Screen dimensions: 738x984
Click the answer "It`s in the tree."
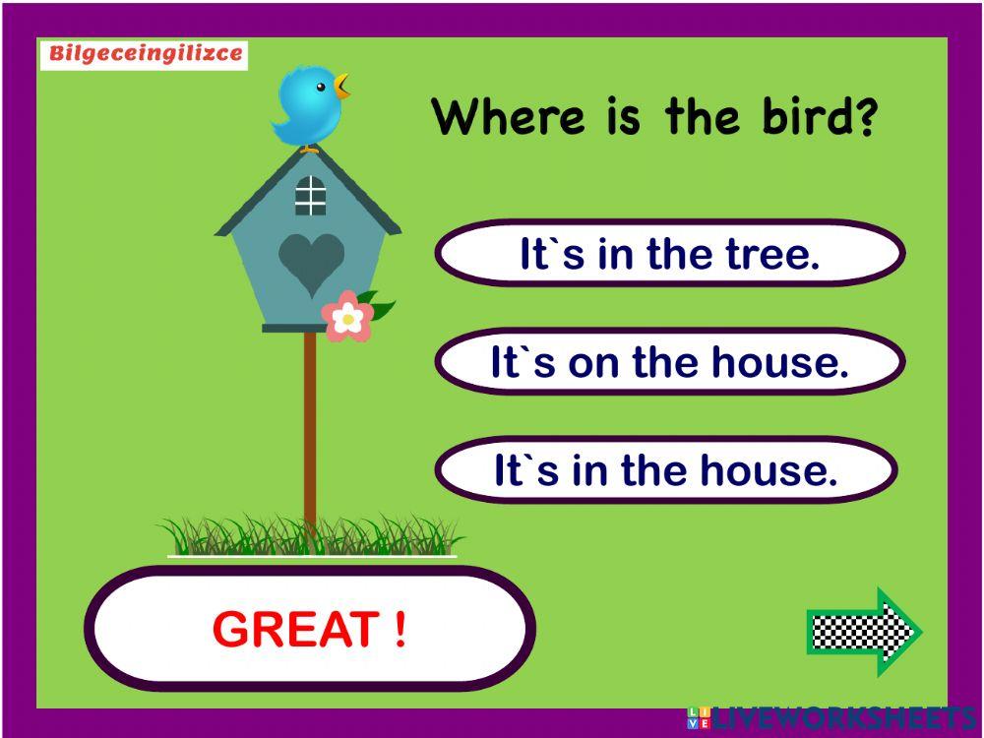coord(669,254)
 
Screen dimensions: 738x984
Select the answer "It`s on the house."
coord(669,362)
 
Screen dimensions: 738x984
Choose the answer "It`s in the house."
coord(665,470)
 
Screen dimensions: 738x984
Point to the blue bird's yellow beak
coord(341,86)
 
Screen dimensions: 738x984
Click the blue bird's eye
coord(321,88)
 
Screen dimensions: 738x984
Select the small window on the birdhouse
coord(310,196)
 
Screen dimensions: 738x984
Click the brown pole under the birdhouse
coord(310,433)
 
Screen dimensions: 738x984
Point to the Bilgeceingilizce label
coord(144,54)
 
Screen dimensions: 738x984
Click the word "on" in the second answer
coord(593,363)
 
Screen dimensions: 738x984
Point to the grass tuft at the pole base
coord(310,537)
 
